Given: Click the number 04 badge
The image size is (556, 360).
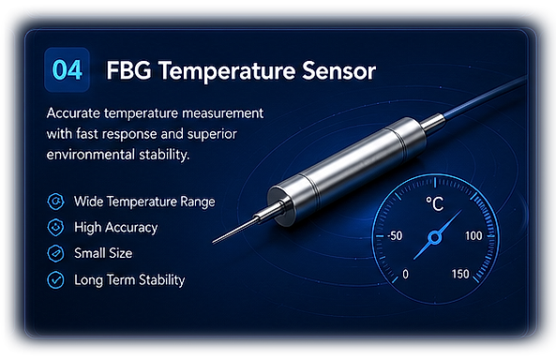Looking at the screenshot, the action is [x=67, y=69].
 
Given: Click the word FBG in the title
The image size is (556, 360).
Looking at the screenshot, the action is [x=128, y=70].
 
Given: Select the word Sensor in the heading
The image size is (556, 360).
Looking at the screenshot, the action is [x=338, y=70].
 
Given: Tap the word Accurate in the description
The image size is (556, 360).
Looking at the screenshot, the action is [x=73, y=113].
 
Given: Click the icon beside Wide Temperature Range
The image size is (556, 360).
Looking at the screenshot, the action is [x=55, y=202].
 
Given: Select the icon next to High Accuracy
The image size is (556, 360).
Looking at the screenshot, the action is [x=55, y=228].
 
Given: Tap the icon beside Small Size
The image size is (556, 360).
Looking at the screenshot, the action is [x=55, y=253].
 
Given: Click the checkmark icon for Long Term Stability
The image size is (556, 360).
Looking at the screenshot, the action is [x=55, y=279].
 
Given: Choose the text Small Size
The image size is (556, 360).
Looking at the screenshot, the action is [x=103, y=253].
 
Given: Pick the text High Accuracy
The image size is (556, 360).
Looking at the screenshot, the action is [x=116, y=228].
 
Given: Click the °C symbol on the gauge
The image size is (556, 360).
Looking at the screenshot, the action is [x=435, y=203].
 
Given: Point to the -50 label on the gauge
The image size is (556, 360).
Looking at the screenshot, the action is [x=395, y=236].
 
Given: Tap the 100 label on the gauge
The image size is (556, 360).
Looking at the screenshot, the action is [x=473, y=236].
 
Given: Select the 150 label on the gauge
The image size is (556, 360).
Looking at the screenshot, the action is [x=460, y=274].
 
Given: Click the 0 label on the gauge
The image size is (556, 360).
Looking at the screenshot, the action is [x=406, y=274].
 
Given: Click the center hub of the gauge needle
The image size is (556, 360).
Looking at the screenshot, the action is [x=435, y=237].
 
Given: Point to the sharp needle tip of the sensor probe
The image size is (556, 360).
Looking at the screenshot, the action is [x=213, y=243].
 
